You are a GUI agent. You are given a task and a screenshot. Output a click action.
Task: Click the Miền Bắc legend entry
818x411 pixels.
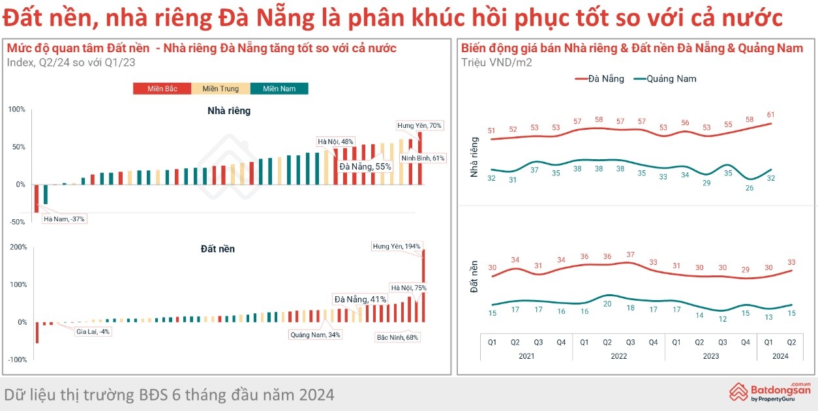[162, 89]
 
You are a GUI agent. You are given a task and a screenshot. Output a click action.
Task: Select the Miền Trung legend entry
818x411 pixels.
[220, 89]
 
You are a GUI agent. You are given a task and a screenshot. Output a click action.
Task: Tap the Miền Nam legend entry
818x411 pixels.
[279, 89]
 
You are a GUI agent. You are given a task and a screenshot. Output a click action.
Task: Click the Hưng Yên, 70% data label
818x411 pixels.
[419, 125]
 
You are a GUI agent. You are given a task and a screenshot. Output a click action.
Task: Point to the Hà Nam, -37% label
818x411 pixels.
[64, 219]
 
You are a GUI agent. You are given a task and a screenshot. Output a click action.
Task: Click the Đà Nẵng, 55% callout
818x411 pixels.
[365, 166]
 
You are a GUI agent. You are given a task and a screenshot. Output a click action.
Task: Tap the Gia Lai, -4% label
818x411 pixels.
[93, 331]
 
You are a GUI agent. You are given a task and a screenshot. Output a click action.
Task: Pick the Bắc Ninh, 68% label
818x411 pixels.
[397, 337]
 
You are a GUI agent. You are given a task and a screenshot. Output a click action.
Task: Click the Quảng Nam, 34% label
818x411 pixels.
[315, 335]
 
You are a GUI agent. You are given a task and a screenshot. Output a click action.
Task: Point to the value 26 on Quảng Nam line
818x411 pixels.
[750, 188]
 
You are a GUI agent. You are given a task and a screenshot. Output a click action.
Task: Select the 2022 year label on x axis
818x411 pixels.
[618, 356]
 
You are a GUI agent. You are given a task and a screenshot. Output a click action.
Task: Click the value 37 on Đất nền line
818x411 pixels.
[630, 254]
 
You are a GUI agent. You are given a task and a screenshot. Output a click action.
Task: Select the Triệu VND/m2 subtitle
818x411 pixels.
[496, 62]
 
